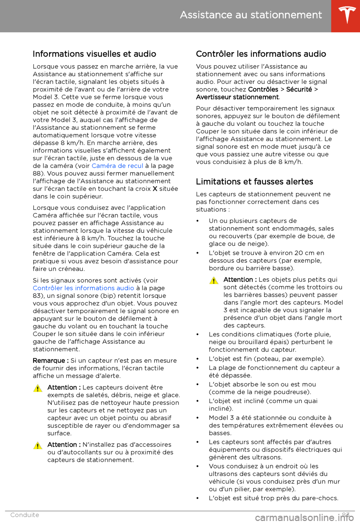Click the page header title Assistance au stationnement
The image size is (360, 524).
250,15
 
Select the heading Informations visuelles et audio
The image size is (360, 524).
94,54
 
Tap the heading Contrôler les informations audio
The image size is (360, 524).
261,54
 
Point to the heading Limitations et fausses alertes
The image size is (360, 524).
254,182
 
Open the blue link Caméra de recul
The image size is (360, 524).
117,166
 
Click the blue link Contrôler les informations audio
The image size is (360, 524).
83,288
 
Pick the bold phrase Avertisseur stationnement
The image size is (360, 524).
237,97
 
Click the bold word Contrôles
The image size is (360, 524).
263,89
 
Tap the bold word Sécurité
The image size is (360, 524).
299,89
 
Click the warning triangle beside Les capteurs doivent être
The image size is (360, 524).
37,388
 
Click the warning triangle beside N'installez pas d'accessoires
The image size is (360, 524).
37,446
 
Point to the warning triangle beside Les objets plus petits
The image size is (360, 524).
214,280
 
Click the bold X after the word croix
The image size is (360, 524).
155,189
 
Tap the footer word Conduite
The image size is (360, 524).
25,515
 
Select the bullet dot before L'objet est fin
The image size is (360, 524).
198,359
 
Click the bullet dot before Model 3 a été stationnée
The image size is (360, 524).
198,418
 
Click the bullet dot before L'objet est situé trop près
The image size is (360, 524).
198,498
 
